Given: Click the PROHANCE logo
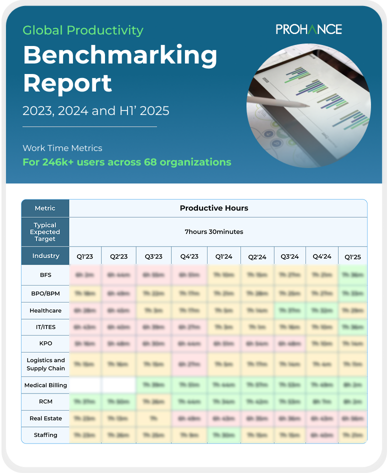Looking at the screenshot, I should point(308,29).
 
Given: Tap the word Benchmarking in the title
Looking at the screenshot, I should point(120,55).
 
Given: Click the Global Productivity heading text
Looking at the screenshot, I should point(83,30).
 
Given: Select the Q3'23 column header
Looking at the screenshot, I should point(153,256).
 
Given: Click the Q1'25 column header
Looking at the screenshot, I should point(352,256).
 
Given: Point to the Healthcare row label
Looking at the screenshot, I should point(45,310).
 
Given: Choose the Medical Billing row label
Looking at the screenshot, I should point(45,385).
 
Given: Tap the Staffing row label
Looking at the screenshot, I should point(45,435).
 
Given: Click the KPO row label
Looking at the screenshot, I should point(45,343).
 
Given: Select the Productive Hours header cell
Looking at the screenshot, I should point(214,208).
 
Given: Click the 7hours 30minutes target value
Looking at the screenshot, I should point(214,232).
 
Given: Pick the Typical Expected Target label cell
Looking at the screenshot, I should point(45,232).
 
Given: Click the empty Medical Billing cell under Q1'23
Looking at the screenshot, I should point(85,385).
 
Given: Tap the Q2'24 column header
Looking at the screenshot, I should point(257,256).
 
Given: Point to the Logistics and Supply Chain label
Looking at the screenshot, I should point(45,364).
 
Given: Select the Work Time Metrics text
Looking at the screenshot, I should point(62,148).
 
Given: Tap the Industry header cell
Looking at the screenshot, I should point(45,256).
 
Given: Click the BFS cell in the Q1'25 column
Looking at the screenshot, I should point(352,275).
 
